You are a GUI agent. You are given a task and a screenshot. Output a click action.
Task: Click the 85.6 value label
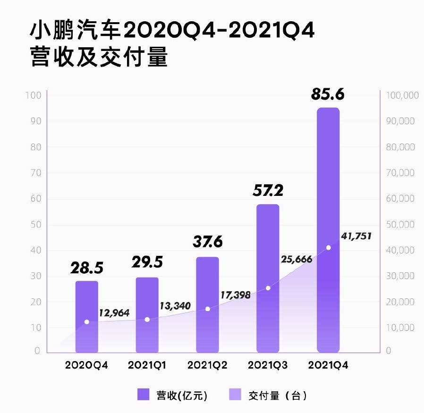click(x=328, y=93)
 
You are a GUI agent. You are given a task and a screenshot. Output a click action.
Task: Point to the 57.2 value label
click(x=268, y=191)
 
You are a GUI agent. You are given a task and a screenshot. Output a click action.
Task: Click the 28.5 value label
click(x=87, y=268)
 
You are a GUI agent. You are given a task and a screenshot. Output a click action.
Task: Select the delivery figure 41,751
click(x=355, y=236)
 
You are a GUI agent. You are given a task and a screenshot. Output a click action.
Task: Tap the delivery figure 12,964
click(x=114, y=313)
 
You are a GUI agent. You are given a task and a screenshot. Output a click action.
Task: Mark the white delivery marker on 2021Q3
click(x=268, y=288)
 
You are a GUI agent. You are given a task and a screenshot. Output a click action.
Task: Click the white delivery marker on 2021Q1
click(x=147, y=320)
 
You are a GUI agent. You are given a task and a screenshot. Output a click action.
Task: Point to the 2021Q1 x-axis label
click(x=147, y=365)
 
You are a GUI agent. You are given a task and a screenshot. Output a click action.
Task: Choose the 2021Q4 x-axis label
click(x=328, y=365)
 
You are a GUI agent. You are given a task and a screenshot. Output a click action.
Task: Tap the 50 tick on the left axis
click(x=37, y=224)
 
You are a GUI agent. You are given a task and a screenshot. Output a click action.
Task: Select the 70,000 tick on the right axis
click(x=400, y=173)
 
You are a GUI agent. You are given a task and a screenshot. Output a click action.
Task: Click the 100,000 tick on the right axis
click(x=402, y=95)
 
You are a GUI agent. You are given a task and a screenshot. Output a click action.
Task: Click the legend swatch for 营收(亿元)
click(x=144, y=395)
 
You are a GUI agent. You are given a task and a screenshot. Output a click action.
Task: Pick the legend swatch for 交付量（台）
click(x=235, y=395)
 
